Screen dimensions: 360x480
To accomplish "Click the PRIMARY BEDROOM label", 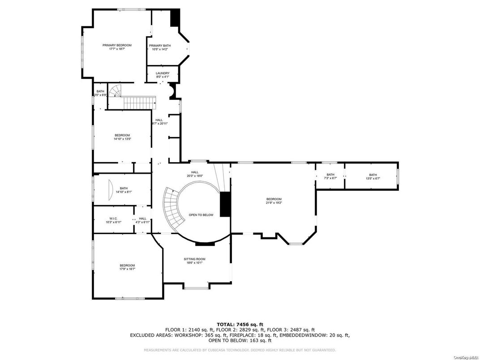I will click(x=117, y=45).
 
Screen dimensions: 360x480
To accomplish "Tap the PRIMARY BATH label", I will click(x=160, y=46).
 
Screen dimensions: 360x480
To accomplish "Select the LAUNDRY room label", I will click(x=163, y=73).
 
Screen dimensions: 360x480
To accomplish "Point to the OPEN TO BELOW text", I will click(x=201, y=215).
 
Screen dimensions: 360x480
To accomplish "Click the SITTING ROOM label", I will click(x=195, y=259).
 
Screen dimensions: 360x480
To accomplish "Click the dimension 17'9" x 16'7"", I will click(x=127, y=269).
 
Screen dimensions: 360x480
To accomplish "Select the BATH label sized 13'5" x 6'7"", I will click(x=373, y=175).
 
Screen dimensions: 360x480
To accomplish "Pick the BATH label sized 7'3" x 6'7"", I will click(x=330, y=175).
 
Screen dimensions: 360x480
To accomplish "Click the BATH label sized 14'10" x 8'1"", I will click(x=124, y=188).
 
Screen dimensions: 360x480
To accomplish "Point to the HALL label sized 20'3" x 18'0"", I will click(x=195, y=172).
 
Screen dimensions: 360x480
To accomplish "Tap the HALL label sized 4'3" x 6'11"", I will click(x=142, y=219).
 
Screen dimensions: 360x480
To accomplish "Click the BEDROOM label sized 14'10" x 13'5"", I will click(x=122, y=135).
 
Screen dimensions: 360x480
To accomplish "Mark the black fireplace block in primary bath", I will click(x=175, y=18).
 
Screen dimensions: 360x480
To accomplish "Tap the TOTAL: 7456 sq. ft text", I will click(x=240, y=324).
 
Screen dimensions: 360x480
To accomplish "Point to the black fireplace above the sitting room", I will click(x=205, y=244).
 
